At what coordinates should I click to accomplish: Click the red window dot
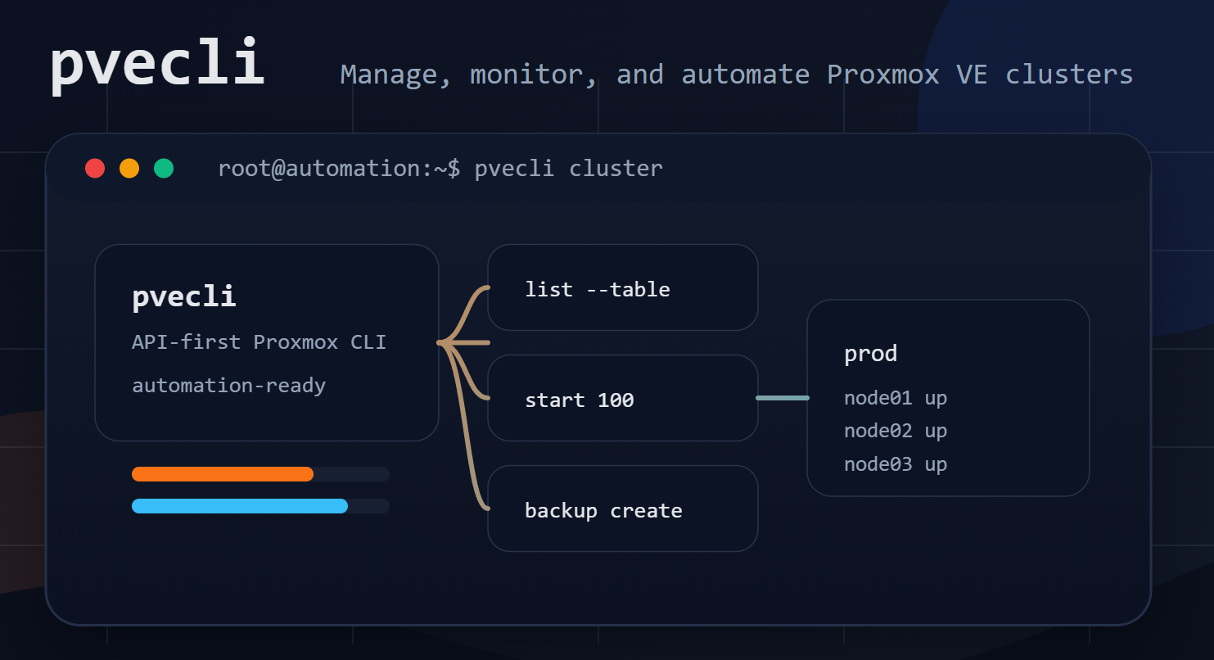(95, 168)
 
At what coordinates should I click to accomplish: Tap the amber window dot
(129, 168)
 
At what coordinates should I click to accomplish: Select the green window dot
(164, 168)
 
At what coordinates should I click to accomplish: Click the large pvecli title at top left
(157, 64)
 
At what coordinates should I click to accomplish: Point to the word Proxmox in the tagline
(882, 75)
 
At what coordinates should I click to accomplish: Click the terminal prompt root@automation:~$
(339, 169)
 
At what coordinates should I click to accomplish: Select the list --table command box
(623, 287)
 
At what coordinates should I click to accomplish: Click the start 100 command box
(623, 398)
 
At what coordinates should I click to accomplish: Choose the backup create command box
(623, 509)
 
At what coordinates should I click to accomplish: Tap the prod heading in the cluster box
(870, 354)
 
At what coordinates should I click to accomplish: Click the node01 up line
(896, 398)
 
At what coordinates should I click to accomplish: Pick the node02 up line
(896, 432)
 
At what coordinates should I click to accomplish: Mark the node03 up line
(896, 464)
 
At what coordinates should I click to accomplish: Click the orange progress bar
(223, 474)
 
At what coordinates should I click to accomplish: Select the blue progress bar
(240, 506)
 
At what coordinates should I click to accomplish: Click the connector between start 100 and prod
(783, 398)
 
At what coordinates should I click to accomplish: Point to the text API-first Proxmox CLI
(259, 342)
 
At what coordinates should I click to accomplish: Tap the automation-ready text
(228, 386)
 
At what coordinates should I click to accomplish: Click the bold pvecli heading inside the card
(183, 296)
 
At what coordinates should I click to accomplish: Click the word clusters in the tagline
(1069, 75)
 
